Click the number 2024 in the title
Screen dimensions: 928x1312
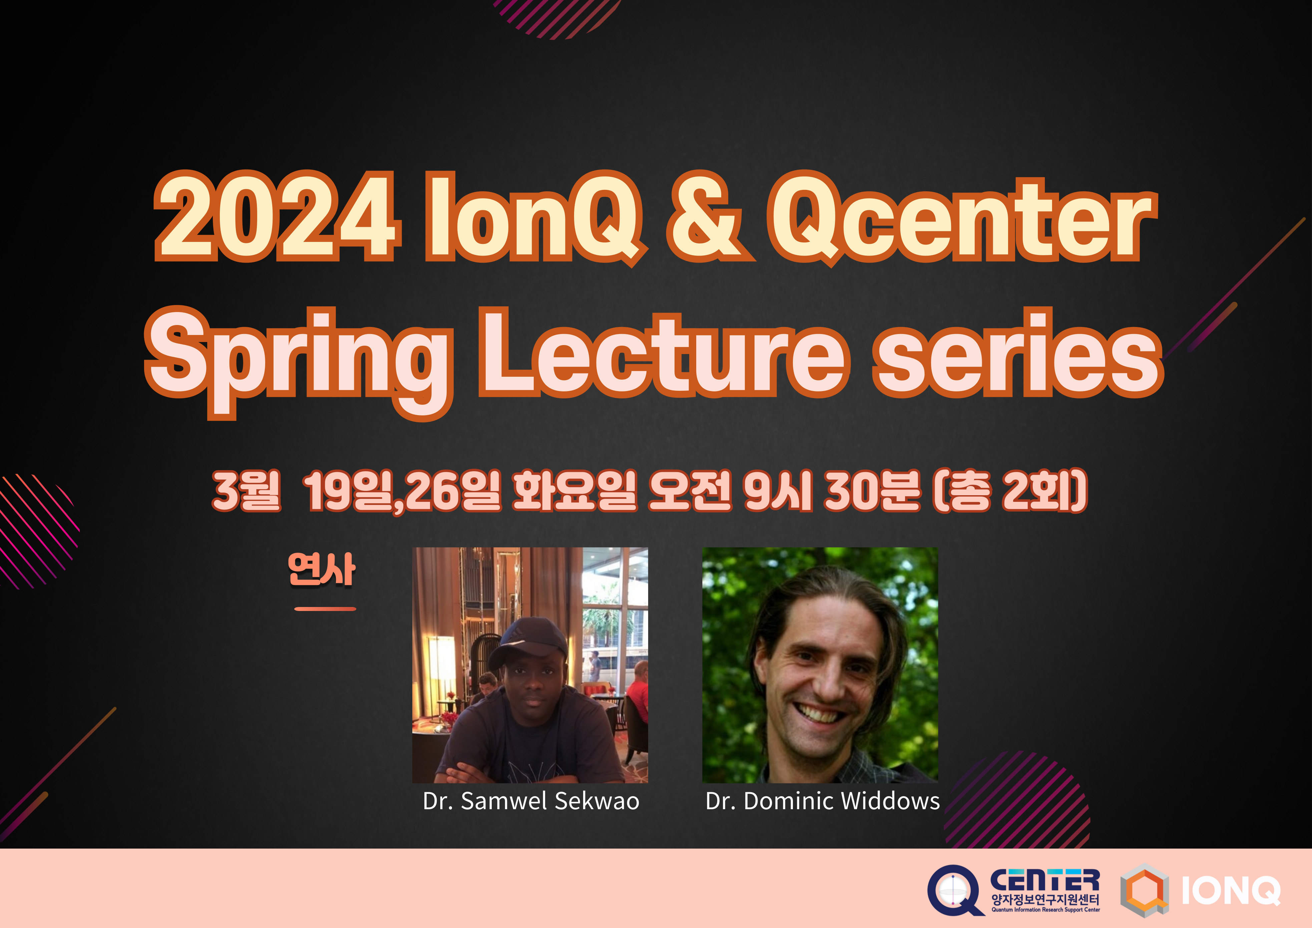tap(274, 217)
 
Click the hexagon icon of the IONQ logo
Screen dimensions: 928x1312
tap(1144, 890)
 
